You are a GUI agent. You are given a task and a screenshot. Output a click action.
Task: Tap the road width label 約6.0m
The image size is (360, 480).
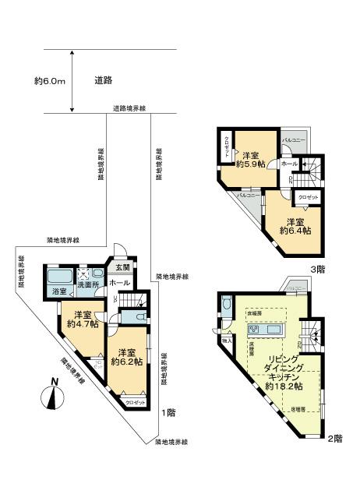click(x=48, y=80)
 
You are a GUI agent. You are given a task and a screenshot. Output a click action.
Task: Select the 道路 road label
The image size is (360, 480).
click(x=104, y=80)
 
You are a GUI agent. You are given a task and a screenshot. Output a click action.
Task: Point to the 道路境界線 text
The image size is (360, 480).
click(x=129, y=108)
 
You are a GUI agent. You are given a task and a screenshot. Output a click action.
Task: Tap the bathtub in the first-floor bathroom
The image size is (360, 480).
click(x=58, y=277)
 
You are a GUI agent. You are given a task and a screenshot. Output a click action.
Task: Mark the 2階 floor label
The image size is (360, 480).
click(x=334, y=439)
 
